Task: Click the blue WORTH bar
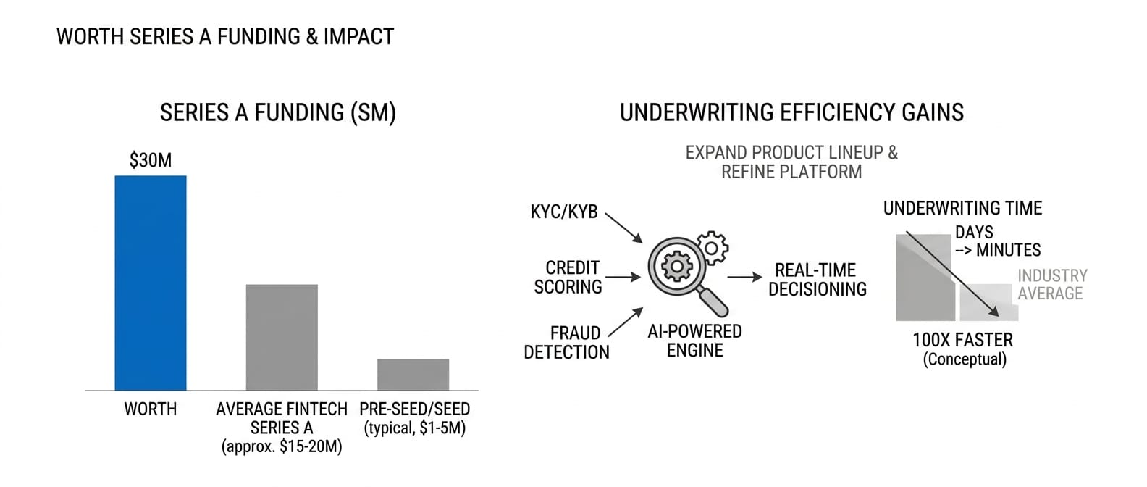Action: click(x=151, y=283)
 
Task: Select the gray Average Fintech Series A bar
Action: click(x=282, y=337)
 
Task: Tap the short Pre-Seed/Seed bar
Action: click(x=413, y=374)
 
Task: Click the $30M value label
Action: click(x=151, y=160)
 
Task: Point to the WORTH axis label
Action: click(x=151, y=409)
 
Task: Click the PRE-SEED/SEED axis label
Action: click(x=414, y=409)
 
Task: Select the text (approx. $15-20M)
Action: click(x=282, y=446)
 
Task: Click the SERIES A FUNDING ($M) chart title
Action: click(x=278, y=113)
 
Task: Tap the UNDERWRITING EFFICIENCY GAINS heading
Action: click(x=791, y=113)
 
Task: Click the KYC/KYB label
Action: click(x=564, y=212)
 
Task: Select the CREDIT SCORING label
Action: click(x=568, y=278)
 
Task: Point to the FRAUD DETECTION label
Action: click(x=567, y=343)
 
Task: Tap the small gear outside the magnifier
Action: click(x=713, y=248)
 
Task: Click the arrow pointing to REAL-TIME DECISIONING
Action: click(x=744, y=277)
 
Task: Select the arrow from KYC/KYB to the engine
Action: click(x=623, y=228)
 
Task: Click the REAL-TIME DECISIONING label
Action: click(x=817, y=280)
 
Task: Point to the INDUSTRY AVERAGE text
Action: click(x=1051, y=284)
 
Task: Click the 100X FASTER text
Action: click(x=962, y=340)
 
